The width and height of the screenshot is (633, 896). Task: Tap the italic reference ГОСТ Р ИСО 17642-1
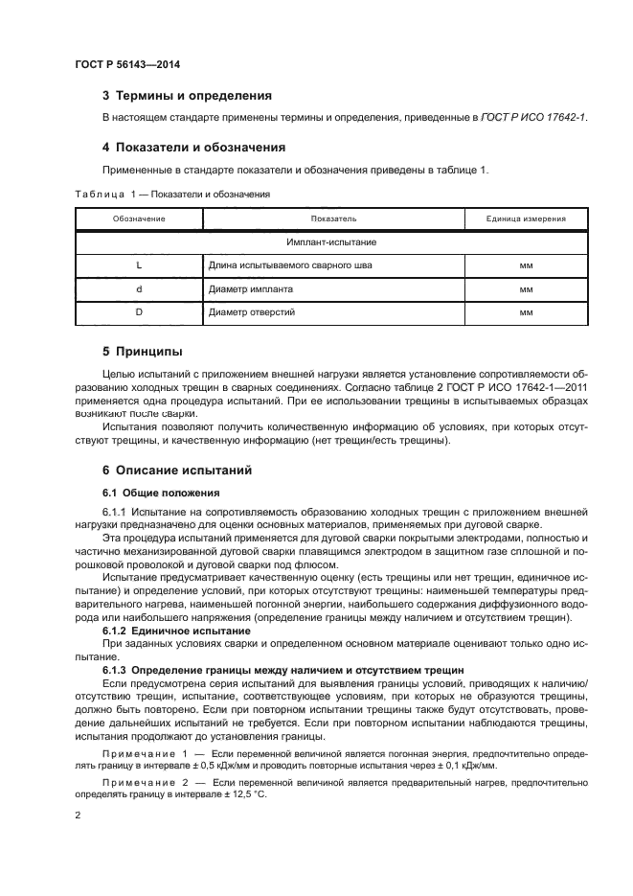pyautogui.click(x=533, y=117)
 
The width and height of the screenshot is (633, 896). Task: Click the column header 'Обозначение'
pyautogui.click(x=139, y=218)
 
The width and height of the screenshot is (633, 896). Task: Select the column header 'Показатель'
pyautogui.click(x=333, y=218)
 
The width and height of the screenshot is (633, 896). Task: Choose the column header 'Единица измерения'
pyautogui.click(x=526, y=218)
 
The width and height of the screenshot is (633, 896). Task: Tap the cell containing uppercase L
pyautogui.click(x=139, y=265)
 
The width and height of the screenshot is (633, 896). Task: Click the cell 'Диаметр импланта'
pyautogui.click(x=251, y=288)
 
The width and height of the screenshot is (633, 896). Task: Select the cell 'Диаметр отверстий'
pyautogui.click(x=252, y=312)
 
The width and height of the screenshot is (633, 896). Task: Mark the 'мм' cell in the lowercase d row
pyautogui.click(x=526, y=288)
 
